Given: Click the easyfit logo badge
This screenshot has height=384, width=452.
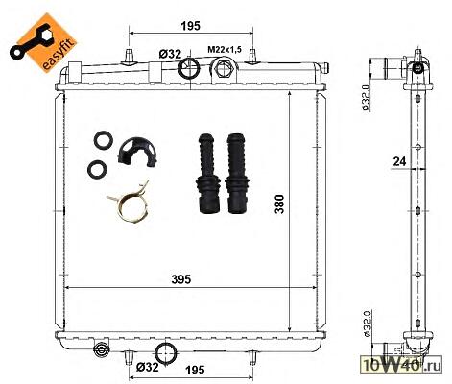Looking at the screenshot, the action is (43, 42).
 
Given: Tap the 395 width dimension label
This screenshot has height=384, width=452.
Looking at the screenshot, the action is (181, 279).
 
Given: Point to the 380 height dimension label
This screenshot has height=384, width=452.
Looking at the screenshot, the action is (279, 204).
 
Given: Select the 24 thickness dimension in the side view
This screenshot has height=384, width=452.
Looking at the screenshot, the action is (399, 161).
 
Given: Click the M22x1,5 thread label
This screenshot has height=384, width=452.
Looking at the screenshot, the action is (225, 50).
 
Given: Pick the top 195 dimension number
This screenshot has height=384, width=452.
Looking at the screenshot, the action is (191, 26).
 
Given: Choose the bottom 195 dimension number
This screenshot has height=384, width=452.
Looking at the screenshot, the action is (195, 371).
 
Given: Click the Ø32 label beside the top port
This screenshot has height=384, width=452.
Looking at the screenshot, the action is (170, 54).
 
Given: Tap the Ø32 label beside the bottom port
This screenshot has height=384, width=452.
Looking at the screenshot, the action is (147, 367).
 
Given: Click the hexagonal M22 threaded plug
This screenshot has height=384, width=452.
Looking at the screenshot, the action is (223, 68).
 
